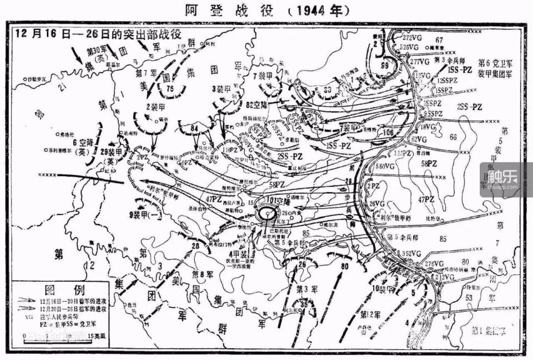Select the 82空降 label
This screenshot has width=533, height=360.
[256, 103]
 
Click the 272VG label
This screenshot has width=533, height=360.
[413, 37]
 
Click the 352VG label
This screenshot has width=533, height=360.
[411, 253]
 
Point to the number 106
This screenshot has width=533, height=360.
[387, 132]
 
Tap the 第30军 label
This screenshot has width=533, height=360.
[95, 52]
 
